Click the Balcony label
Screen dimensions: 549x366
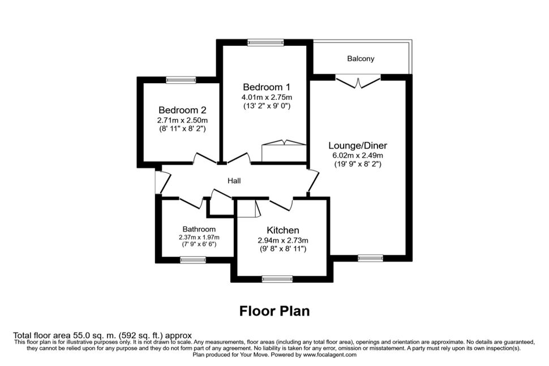(361, 58)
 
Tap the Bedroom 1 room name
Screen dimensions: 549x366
(267, 87)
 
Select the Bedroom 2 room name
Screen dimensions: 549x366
(182, 110)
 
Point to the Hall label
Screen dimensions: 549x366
(234, 181)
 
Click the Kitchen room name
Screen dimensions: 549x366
(283, 231)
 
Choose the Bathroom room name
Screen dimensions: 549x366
(199, 229)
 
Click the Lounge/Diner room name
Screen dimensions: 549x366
(358, 146)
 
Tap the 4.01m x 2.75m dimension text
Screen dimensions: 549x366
(267, 97)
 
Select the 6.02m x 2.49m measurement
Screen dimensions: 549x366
(358, 155)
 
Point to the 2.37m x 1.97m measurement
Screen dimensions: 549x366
(199, 237)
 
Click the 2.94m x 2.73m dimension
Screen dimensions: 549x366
(283, 240)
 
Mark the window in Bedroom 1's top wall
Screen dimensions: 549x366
(265, 42)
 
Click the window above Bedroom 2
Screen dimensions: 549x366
(181, 80)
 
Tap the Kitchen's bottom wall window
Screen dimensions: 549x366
(277, 279)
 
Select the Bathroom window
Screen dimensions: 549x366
(193, 260)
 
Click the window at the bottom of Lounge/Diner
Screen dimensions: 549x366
(371, 258)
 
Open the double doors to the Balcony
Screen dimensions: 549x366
(358, 82)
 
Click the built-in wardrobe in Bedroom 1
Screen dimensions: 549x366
(284, 151)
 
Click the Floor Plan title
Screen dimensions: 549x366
(274, 311)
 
